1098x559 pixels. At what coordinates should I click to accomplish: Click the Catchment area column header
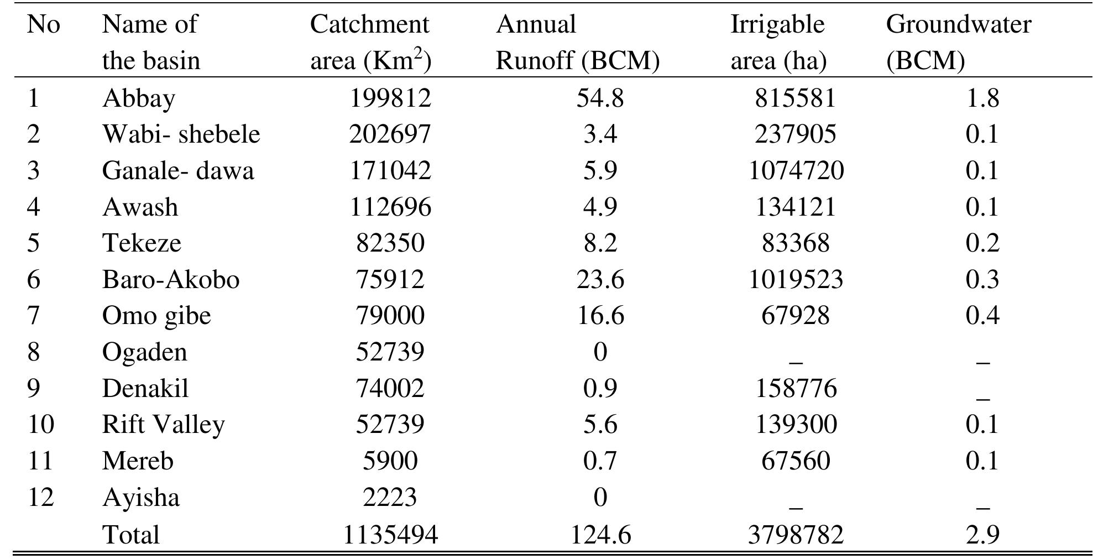tap(370, 42)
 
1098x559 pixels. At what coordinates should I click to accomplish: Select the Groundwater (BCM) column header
tap(958, 42)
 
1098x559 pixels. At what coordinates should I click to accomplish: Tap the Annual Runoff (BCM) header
tap(577, 42)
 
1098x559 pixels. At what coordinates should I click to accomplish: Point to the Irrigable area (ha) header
tap(778, 42)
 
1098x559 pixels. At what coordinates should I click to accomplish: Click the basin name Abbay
tap(139, 98)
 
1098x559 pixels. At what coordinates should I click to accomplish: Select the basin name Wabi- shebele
tap(181, 134)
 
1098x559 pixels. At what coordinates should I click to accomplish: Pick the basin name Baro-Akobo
tap(170, 279)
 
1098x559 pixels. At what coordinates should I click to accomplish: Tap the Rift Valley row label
tap(163, 425)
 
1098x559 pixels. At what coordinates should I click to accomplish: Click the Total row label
tap(131, 535)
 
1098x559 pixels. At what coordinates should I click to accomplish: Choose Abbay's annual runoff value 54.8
tap(600, 98)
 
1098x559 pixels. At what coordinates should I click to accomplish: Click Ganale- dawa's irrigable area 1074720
tap(796, 170)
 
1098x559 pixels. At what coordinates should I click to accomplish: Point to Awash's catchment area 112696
tap(390, 207)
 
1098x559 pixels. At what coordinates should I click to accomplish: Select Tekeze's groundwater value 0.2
tap(982, 243)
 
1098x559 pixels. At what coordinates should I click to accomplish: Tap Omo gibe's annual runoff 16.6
tap(600, 316)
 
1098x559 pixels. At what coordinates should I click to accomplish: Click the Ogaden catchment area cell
tap(390, 352)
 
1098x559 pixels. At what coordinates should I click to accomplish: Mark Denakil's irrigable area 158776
tap(796, 388)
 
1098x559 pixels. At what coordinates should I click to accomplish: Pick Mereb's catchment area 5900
tap(390, 461)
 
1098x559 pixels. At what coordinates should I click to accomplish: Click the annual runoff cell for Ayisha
tap(600, 497)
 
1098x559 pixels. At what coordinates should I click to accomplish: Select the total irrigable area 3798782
tap(796, 535)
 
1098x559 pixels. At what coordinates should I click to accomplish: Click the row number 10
tap(41, 425)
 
